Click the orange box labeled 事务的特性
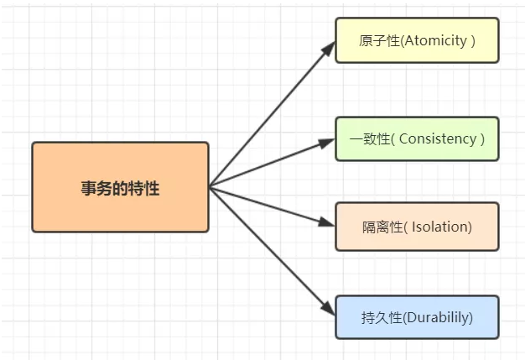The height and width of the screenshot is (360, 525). coord(120,186)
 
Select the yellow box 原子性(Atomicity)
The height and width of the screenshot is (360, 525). coord(417,40)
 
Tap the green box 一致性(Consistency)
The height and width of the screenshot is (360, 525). coord(417,138)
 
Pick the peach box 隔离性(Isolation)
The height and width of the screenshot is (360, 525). coord(417,227)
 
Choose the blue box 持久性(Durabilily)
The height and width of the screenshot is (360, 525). coord(417,317)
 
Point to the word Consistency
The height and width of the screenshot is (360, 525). coord(437,138)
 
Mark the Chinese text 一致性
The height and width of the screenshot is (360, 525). coord(372,138)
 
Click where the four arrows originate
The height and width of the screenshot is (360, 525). coord(210,186)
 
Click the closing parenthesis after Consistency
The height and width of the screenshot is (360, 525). coord(482,138)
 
